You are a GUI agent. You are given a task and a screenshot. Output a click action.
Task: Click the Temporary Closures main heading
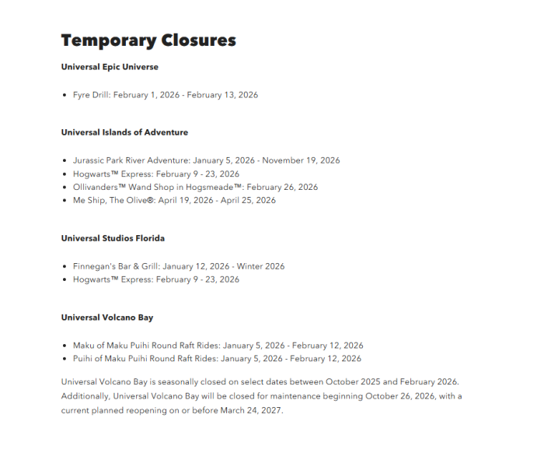(148, 40)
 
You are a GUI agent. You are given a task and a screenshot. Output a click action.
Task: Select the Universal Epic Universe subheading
(110, 67)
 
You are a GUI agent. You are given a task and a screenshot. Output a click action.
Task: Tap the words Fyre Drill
(92, 95)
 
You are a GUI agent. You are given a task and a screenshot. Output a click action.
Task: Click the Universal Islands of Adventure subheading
(124, 132)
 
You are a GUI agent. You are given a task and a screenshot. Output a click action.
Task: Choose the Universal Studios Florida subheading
(113, 238)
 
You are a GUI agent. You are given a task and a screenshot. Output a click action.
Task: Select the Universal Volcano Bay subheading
(107, 318)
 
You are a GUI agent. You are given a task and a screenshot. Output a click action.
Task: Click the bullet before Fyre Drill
(65, 95)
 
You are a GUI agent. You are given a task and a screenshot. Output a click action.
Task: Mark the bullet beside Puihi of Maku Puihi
(65, 359)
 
